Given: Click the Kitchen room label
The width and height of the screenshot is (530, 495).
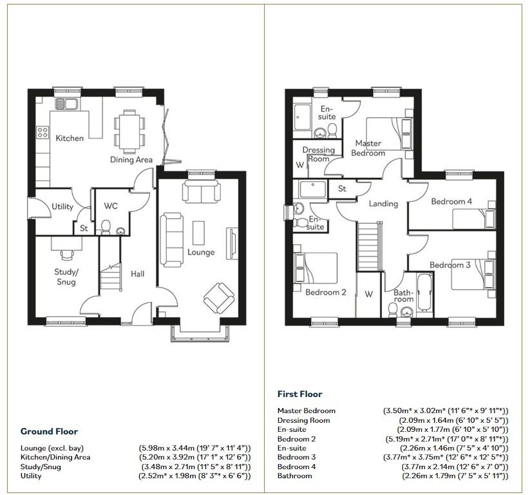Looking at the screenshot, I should [x=70, y=138].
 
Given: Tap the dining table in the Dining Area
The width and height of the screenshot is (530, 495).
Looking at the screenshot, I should [x=129, y=130].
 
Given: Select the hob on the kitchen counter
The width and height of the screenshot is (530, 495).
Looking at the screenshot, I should [x=43, y=133].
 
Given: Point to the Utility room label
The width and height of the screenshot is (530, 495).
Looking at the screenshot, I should [x=62, y=207].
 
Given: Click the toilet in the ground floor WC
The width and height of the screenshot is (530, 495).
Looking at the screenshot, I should [x=107, y=228].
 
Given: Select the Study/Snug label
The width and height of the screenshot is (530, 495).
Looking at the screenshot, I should [x=66, y=277].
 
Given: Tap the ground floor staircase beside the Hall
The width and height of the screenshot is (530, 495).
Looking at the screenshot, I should [x=110, y=277].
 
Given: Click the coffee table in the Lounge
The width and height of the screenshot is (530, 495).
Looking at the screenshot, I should [x=199, y=231].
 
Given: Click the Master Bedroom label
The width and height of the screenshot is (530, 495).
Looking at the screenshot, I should [x=368, y=148].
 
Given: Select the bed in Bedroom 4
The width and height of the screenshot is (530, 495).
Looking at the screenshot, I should [x=474, y=219].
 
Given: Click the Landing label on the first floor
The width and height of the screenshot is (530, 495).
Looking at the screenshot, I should [x=383, y=204].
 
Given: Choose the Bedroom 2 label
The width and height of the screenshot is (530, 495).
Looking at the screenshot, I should [x=326, y=292].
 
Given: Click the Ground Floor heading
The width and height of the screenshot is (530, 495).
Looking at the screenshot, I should [x=49, y=432].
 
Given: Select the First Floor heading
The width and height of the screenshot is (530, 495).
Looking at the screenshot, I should [x=299, y=394].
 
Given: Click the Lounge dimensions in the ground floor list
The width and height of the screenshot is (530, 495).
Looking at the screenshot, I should [x=194, y=448].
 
